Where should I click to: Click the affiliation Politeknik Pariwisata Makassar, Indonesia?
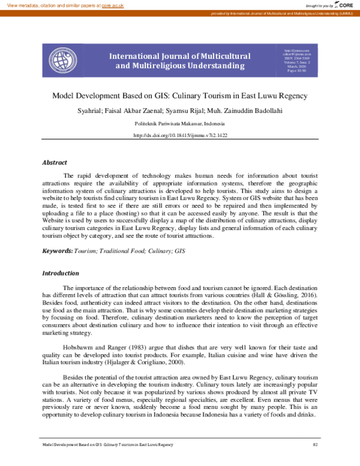(x=179, y=123)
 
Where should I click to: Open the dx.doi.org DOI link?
(x=179, y=136)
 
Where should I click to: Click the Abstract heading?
(x=55, y=162)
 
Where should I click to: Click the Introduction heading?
(x=60, y=273)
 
